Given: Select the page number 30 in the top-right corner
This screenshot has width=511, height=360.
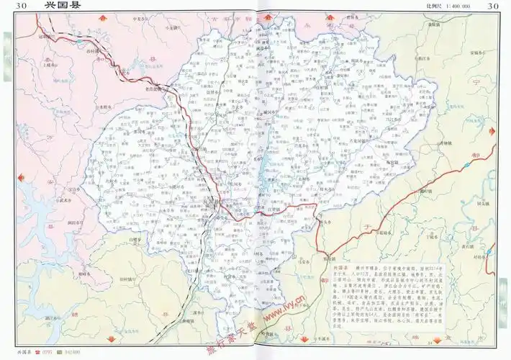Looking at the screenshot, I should [x=494, y=6].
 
